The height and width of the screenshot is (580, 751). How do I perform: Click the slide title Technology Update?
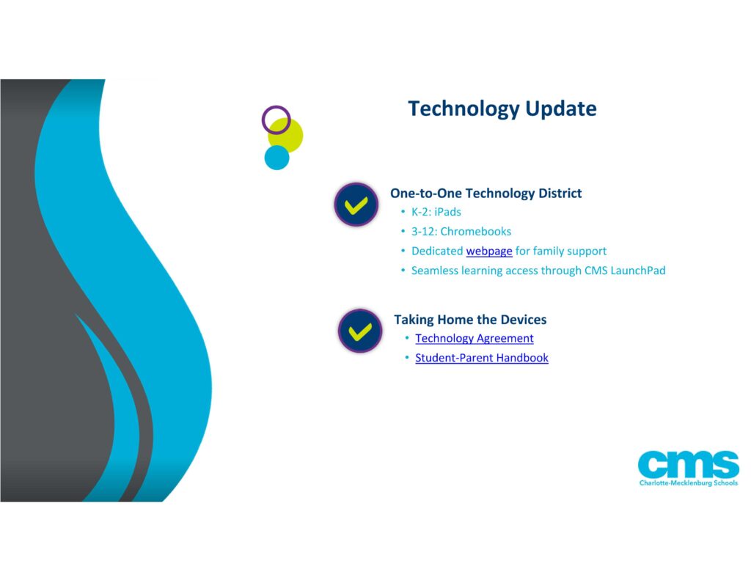(502, 109)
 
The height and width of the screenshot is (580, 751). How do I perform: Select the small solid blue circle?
(276, 158)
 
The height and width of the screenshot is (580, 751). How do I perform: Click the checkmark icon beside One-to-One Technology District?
(356, 205)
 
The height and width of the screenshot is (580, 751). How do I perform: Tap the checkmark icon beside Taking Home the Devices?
(360, 331)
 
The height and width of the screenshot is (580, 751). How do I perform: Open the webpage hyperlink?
(489, 252)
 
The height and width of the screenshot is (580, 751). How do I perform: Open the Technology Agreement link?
(475, 339)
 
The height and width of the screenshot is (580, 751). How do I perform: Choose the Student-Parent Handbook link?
(482, 358)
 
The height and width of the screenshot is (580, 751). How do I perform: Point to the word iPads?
(447, 212)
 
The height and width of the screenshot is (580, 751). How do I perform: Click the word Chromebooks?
(475, 231)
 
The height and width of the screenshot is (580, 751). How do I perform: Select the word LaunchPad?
(638, 271)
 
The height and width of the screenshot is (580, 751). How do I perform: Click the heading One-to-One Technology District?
(486, 193)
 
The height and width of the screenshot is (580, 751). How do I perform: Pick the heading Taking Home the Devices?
(470, 320)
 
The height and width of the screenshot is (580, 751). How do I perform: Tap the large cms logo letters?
(688, 464)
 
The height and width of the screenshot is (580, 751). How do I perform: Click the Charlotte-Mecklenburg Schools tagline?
(689, 482)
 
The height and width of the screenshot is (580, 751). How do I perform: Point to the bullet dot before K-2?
(403, 211)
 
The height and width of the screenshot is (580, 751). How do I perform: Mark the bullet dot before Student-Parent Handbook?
(406, 357)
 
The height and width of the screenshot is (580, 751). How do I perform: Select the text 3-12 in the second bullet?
(425, 231)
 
